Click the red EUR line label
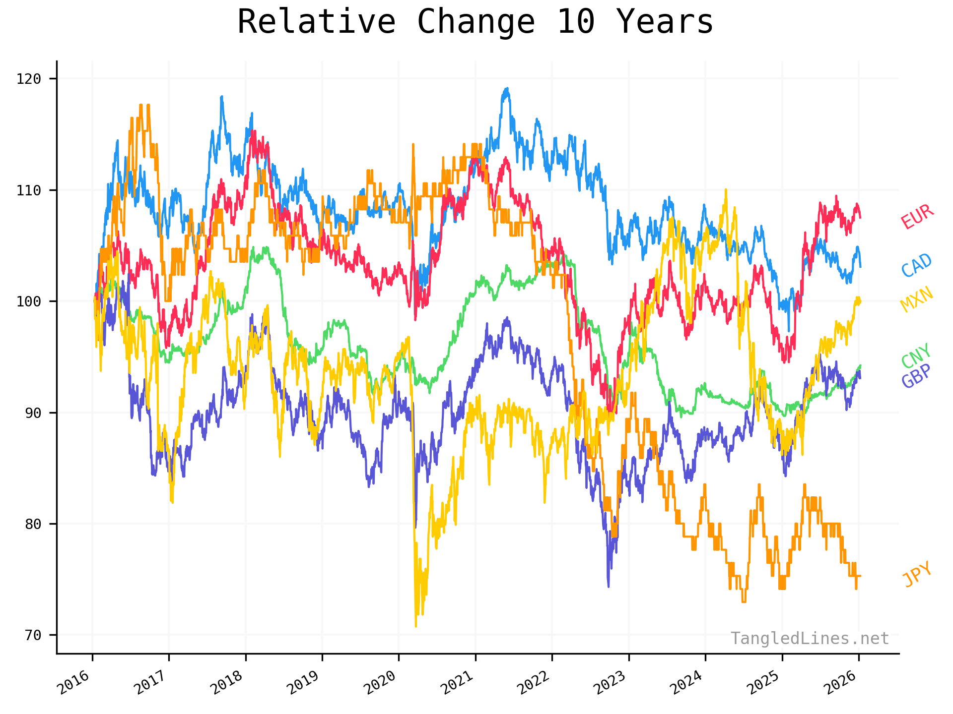point(917,217)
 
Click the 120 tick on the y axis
point(29,79)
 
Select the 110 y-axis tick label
point(29,190)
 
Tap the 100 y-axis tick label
point(29,301)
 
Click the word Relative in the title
point(316,22)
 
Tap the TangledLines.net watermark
point(810,639)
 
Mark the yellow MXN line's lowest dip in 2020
point(415,626)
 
